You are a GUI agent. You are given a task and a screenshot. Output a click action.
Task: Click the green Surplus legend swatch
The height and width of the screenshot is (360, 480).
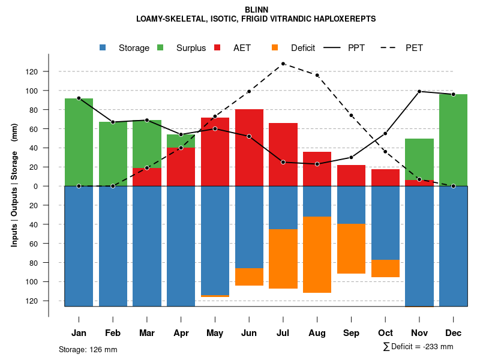160,48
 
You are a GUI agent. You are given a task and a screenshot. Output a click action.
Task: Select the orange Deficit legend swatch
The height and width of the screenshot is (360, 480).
275,48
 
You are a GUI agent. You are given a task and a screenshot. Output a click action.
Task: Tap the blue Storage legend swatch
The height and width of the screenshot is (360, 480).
103,48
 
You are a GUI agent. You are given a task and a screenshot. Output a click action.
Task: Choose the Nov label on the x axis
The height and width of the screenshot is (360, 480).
419,333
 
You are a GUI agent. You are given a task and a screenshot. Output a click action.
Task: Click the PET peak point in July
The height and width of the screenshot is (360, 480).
283,64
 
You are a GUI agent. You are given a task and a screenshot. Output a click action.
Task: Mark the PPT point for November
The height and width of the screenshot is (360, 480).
419,91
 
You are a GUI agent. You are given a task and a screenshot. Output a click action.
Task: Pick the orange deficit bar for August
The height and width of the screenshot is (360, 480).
317,255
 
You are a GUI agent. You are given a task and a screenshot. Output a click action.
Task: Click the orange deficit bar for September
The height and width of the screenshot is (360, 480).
351,248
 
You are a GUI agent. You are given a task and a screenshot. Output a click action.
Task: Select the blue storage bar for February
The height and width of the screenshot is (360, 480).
113,246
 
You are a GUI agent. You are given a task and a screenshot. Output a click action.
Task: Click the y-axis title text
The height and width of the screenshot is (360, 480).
14,186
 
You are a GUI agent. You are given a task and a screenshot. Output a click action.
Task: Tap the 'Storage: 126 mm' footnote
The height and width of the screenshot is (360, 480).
88,349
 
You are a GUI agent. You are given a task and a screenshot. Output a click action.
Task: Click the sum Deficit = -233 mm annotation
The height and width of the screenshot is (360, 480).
418,347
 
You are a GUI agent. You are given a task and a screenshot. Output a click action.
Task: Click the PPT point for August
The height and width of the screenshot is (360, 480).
317,164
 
